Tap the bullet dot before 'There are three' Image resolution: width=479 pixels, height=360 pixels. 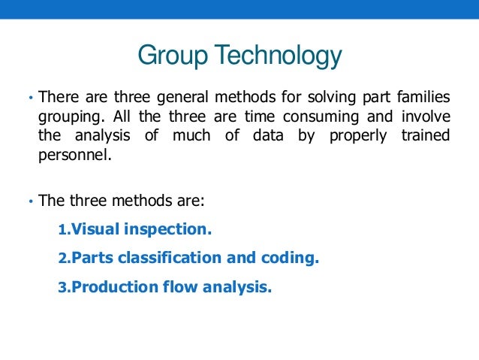28,98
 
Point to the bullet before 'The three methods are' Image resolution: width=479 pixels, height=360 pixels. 28,202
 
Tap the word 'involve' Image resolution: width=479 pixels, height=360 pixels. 425,116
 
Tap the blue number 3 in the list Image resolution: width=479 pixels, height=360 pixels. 62,287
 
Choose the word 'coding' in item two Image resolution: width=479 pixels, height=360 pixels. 291,258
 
